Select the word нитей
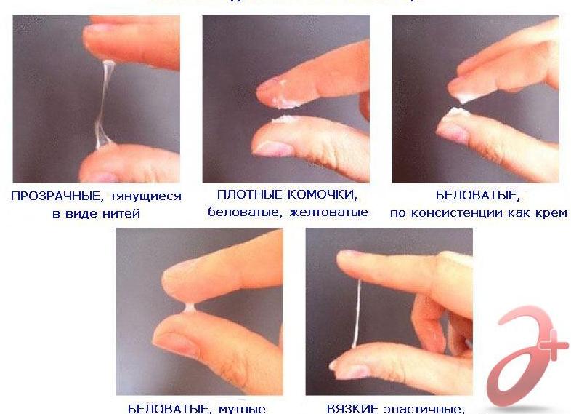(123, 213)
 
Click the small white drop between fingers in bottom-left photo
(188, 308)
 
